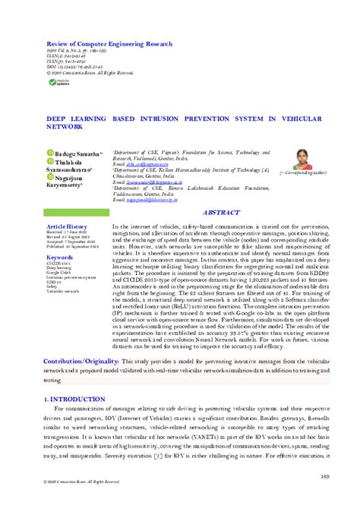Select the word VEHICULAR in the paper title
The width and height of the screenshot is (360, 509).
tap(286, 119)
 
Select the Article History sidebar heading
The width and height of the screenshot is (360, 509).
tap(68, 206)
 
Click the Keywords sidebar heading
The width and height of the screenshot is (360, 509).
tap(61, 236)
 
